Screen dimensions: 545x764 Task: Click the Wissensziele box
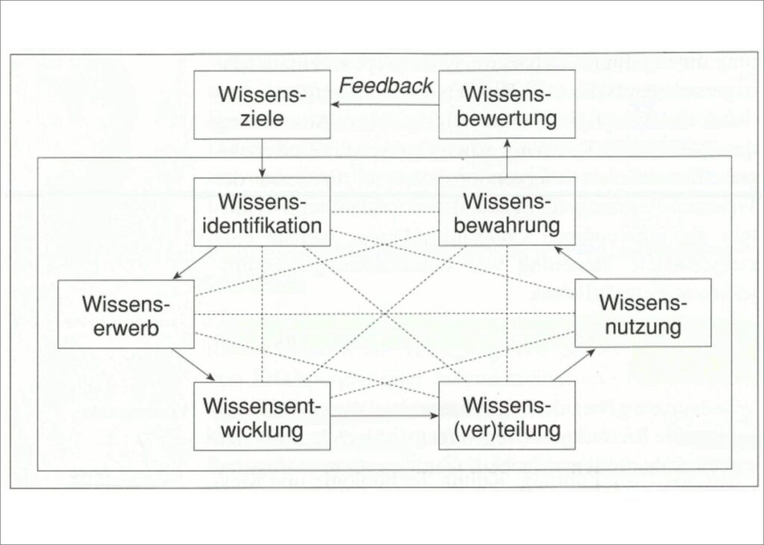pos(262,105)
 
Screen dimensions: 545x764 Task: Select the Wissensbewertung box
pos(507,105)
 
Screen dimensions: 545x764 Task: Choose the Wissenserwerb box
pos(126,314)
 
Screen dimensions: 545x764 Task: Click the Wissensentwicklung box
pos(262,416)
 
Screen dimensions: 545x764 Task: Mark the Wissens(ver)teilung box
pos(507,416)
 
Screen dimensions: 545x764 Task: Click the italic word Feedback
pos(386,85)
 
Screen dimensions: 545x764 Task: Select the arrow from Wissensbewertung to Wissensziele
pos(384,105)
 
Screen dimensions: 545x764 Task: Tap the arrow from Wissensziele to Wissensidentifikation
pos(262,158)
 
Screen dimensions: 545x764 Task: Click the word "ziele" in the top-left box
pos(262,117)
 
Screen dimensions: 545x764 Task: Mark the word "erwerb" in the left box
pos(126,326)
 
